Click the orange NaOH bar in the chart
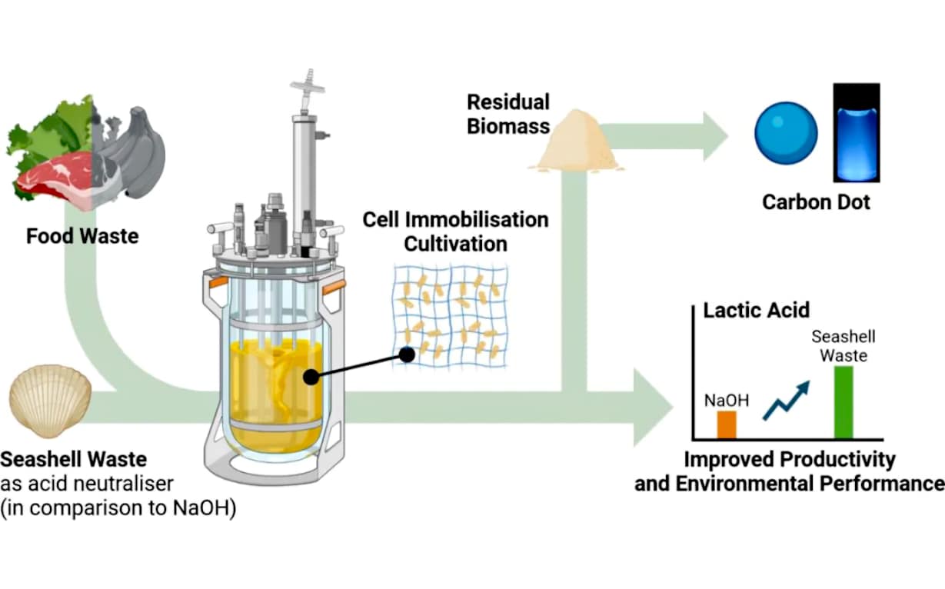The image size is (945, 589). [x=727, y=424]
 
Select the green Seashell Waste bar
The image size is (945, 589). [x=844, y=401]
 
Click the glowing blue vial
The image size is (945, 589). [x=856, y=132]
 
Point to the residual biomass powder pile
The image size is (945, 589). [x=577, y=142]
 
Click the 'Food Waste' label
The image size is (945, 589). [x=82, y=236]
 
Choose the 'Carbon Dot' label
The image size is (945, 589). [x=816, y=202]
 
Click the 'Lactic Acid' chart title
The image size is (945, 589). [x=757, y=311]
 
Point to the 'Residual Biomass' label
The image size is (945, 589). [x=508, y=114]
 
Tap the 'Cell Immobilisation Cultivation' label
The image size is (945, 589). [x=455, y=231]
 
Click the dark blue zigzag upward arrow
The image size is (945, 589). [x=786, y=401]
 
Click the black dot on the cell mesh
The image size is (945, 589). [x=407, y=354]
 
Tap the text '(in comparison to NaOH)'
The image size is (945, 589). [x=118, y=509]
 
